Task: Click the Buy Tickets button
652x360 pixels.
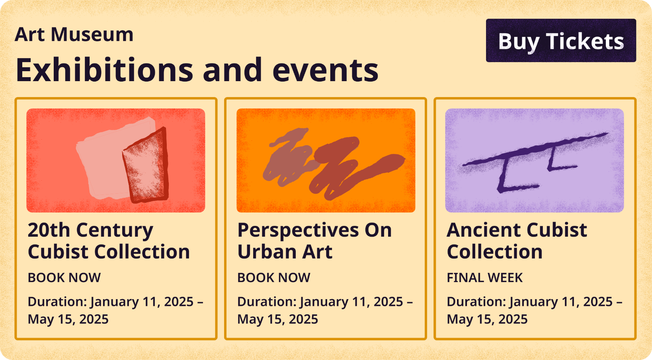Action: tap(561, 41)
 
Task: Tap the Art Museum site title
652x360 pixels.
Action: tap(74, 35)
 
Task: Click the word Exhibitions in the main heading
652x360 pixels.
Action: tap(105, 70)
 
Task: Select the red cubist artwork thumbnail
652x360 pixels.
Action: tap(115, 160)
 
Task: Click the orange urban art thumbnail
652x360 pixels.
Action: tap(326, 160)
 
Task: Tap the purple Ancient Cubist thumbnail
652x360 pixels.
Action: tap(535, 160)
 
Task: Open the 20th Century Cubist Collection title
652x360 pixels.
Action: tap(109, 241)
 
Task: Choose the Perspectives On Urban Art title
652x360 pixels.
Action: tap(314, 241)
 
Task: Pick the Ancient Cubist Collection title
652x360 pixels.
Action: tap(517, 241)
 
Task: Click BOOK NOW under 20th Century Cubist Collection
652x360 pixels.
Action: tap(64, 278)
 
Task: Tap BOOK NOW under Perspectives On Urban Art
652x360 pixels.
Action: tap(273, 278)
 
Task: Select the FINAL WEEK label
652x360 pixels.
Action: tap(485, 278)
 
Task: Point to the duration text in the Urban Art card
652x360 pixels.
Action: tap(325, 310)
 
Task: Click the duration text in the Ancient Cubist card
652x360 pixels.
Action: tap(535, 310)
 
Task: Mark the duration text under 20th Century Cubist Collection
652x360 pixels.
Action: tap(115, 310)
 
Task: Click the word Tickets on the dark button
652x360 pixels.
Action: tap(585, 41)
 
